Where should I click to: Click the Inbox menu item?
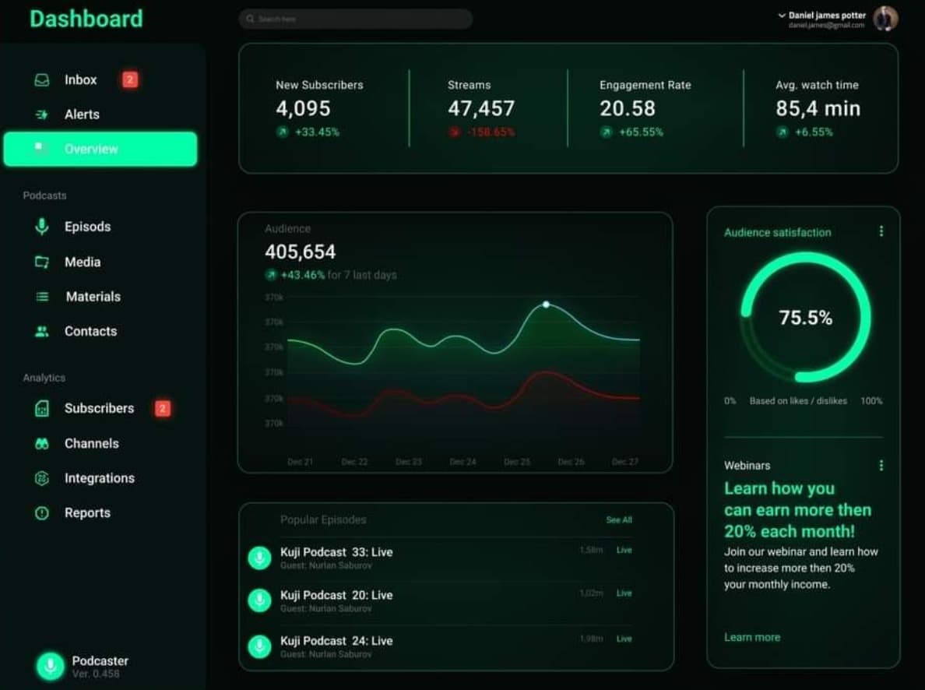[80, 80]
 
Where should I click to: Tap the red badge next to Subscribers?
[162, 408]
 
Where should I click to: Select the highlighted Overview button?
[100, 149]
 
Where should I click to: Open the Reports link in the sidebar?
[86, 512]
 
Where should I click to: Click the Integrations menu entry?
[99, 478]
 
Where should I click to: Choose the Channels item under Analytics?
[91, 443]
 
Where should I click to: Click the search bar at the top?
[355, 19]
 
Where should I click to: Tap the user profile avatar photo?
[885, 19]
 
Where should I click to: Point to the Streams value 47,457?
[481, 108]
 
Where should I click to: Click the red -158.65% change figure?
[491, 132]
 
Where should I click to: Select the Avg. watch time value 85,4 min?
[818, 108]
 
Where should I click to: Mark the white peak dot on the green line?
[546, 305]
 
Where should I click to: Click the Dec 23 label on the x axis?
[408, 462]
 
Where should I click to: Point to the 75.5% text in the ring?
[806, 318]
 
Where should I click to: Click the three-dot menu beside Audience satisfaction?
[881, 231]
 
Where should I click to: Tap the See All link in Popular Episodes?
[619, 519]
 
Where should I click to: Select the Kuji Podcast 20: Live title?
[336, 595]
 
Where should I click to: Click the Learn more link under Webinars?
[751, 637]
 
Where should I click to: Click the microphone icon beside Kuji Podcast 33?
[259, 557]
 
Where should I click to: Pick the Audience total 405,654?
[301, 252]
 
